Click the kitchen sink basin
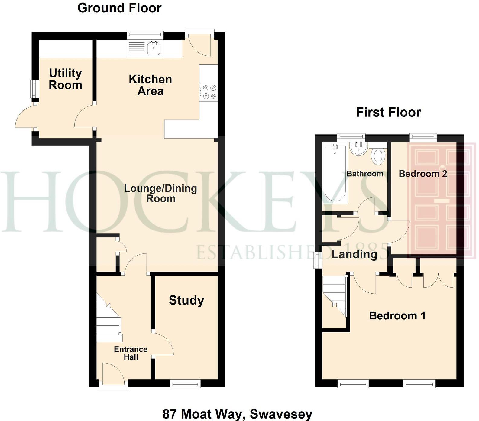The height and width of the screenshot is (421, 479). click(x=154, y=49)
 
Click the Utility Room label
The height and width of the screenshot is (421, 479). click(x=65, y=79)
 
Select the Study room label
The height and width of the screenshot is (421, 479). click(x=186, y=300)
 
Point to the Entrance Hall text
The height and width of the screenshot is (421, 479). click(x=131, y=353)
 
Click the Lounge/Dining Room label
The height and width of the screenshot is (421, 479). click(x=160, y=193)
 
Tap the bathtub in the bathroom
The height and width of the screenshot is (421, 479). click(x=335, y=174)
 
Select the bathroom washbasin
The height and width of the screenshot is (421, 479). click(x=359, y=148)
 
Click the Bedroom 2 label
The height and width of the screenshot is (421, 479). click(x=423, y=174)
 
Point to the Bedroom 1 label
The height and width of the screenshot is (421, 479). click(x=397, y=316)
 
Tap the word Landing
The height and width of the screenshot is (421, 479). click(x=354, y=254)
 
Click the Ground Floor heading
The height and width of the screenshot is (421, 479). click(x=119, y=8)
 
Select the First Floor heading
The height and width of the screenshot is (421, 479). click(x=388, y=112)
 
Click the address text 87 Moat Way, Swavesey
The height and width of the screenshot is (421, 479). click(x=237, y=413)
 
